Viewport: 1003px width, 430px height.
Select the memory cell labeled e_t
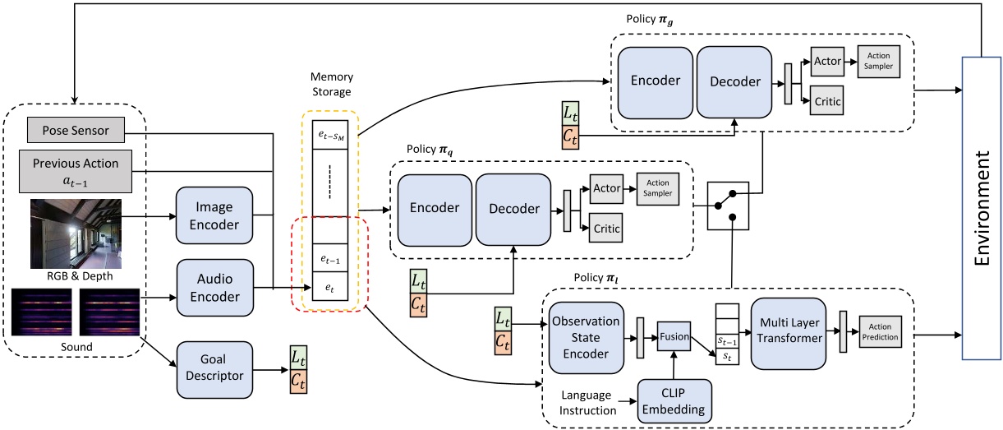pos(329,288)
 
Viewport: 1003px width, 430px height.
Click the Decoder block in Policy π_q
pos(514,209)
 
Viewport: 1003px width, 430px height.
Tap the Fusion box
pos(672,336)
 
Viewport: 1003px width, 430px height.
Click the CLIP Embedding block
pos(675,400)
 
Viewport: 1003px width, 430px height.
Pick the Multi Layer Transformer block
pos(788,331)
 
